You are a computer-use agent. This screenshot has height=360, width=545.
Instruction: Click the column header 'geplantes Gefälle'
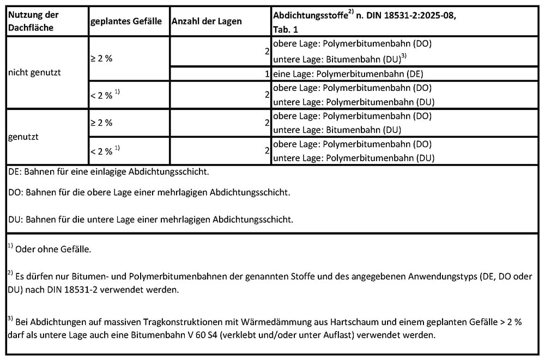point(126,21)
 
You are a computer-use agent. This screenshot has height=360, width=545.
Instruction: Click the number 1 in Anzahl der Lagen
point(267,74)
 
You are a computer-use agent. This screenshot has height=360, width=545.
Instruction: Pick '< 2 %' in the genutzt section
point(101,151)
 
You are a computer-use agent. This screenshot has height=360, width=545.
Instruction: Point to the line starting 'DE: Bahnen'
point(109,172)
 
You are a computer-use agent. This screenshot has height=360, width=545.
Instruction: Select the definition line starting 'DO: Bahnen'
point(150,193)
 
